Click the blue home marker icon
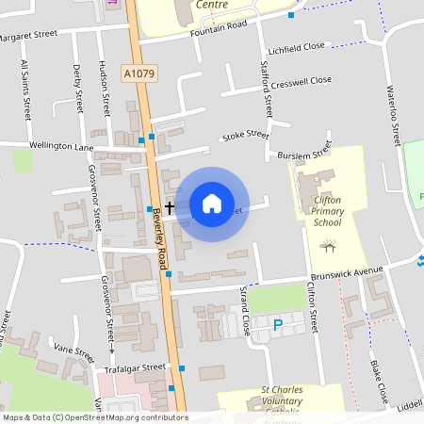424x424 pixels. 212,204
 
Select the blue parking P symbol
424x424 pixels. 277,325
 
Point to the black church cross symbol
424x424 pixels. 171,207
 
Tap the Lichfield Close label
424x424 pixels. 296,46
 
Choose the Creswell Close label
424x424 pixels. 300,82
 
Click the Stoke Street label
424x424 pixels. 245,137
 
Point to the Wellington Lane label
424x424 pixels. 61,147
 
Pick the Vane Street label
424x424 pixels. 74,353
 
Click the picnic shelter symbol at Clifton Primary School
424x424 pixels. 328,248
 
